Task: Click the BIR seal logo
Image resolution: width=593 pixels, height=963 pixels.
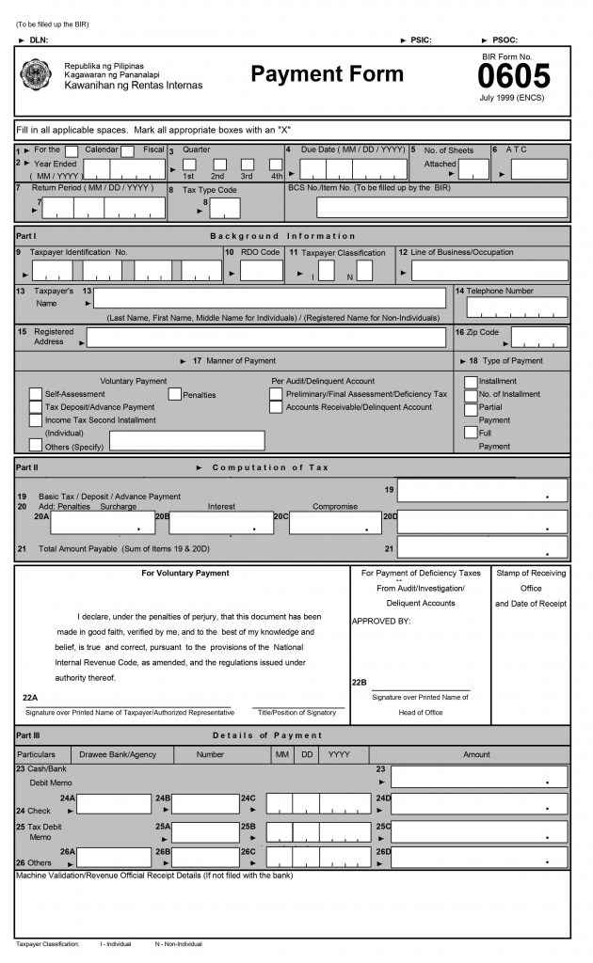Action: pos(37,74)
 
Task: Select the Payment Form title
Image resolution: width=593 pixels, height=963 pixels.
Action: pos(327,74)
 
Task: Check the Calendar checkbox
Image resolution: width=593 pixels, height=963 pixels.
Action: pos(72,150)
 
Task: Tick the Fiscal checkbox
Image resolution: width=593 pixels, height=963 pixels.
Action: pos(127,150)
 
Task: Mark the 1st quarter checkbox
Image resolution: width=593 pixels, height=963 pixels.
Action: pos(188,166)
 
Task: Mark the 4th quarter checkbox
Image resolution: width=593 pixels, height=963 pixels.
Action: pos(277,166)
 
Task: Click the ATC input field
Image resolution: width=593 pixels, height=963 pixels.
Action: pos(538,169)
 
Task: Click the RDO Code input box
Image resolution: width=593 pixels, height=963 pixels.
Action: pos(261,271)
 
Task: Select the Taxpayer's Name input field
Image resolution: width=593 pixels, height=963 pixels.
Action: pos(266,298)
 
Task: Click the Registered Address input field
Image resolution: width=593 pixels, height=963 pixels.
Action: pos(266,338)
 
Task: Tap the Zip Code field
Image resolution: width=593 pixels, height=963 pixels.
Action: pos(538,338)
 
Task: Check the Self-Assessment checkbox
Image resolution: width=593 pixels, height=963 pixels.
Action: pos(36,394)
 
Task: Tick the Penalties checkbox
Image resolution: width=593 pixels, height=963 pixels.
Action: pos(174,394)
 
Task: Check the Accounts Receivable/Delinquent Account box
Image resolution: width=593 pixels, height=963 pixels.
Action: pos(276,407)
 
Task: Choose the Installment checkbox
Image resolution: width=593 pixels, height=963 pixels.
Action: pos(471,382)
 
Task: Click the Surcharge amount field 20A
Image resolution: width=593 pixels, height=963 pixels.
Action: pos(103,523)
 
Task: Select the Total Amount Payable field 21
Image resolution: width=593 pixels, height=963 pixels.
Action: pos(482,546)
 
